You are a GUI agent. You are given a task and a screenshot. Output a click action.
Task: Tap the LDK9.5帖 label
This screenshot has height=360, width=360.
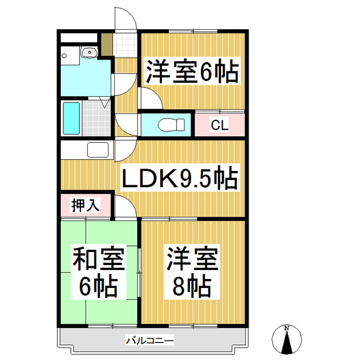coord(181,179)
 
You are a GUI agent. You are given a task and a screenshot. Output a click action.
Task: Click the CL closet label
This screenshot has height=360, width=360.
coord(219,125)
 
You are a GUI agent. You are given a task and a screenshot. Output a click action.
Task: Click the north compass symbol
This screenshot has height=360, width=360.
coord(286,340)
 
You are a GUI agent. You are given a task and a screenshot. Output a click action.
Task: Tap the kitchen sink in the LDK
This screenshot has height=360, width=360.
coord(98,151)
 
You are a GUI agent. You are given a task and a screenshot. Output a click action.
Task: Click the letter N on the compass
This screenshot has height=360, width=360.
coord(286,328)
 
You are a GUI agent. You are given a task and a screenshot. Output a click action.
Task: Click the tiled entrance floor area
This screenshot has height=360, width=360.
coord(124,45)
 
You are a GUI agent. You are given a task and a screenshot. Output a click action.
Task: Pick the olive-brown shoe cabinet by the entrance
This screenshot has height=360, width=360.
coord(106,44)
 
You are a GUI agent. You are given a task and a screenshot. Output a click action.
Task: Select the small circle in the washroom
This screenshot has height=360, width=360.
coord(65,56)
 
